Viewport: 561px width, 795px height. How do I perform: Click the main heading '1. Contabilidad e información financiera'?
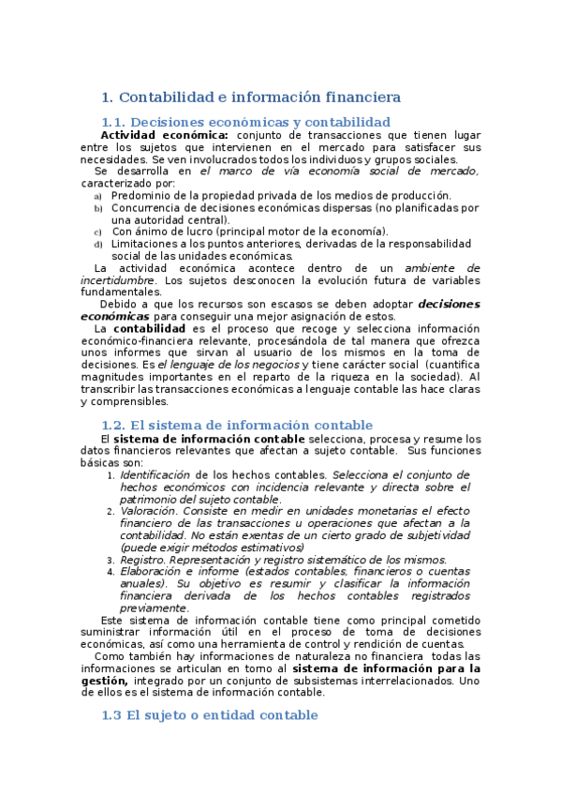250,97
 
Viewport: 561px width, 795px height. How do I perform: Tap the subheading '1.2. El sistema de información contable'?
236,426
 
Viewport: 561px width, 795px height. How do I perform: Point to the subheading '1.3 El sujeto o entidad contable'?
209,715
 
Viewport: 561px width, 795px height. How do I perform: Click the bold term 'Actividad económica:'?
164,135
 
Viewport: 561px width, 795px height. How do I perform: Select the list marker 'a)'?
98,196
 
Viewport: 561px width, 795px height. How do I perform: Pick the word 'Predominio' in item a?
141,195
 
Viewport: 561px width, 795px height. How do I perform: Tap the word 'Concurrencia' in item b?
146,207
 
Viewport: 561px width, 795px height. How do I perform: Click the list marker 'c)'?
98,232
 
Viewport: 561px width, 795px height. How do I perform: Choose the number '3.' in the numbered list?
111,560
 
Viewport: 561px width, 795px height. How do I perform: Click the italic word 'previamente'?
154,607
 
